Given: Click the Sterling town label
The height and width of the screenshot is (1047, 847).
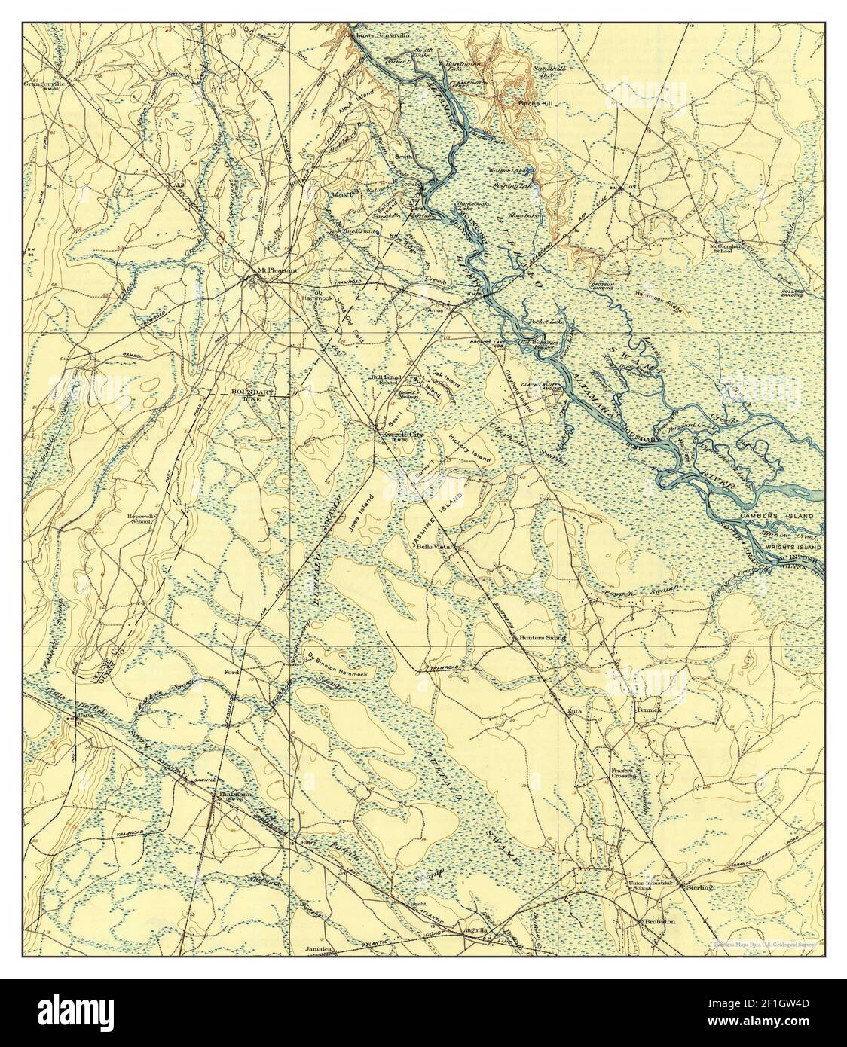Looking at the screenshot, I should pos(699,888).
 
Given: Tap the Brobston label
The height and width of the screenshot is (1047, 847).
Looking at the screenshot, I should pos(659,921).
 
